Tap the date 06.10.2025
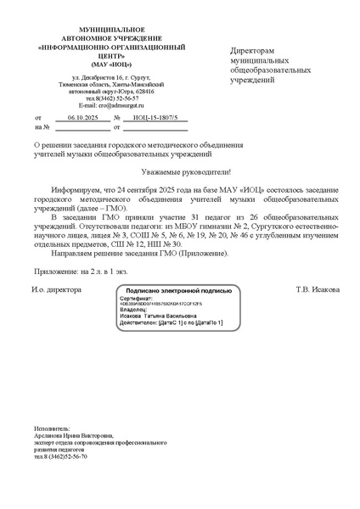point(83,118)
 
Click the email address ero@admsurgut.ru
point(115,104)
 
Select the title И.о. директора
point(56,288)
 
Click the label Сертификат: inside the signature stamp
point(135,299)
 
